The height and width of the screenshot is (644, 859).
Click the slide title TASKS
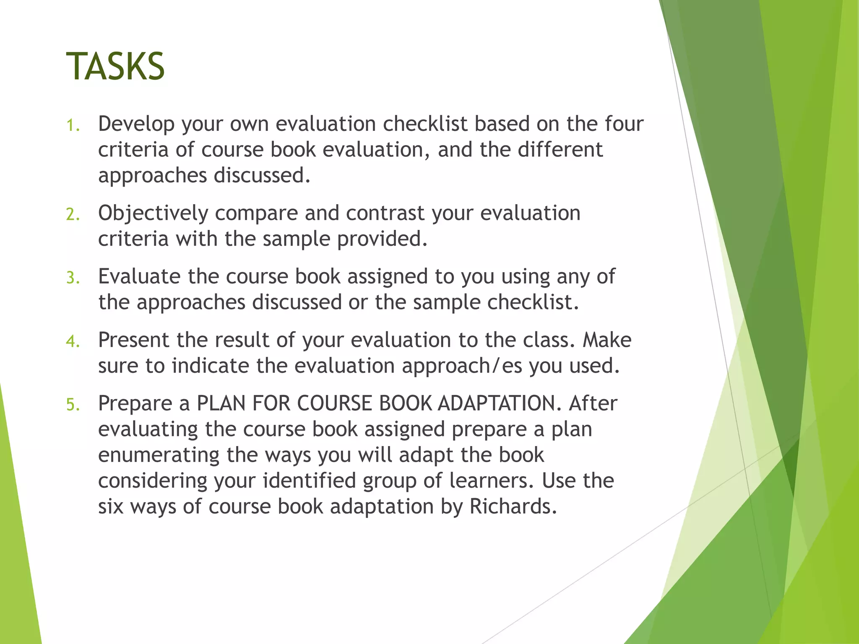pyautogui.click(x=115, y=66)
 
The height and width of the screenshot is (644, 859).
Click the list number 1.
pyautogui.click(x=73, y=125)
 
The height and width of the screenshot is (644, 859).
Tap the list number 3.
pyautogui.click(x=73, y=278)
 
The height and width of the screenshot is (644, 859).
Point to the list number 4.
pyautogui.click(x=73, y=341)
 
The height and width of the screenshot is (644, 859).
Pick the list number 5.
pyautogui.click(x=73, y=405)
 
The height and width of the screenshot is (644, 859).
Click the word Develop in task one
pyautogui.click(x=136, y=124)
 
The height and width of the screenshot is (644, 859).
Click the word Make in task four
pyautogui.click(x=607, y=340)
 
